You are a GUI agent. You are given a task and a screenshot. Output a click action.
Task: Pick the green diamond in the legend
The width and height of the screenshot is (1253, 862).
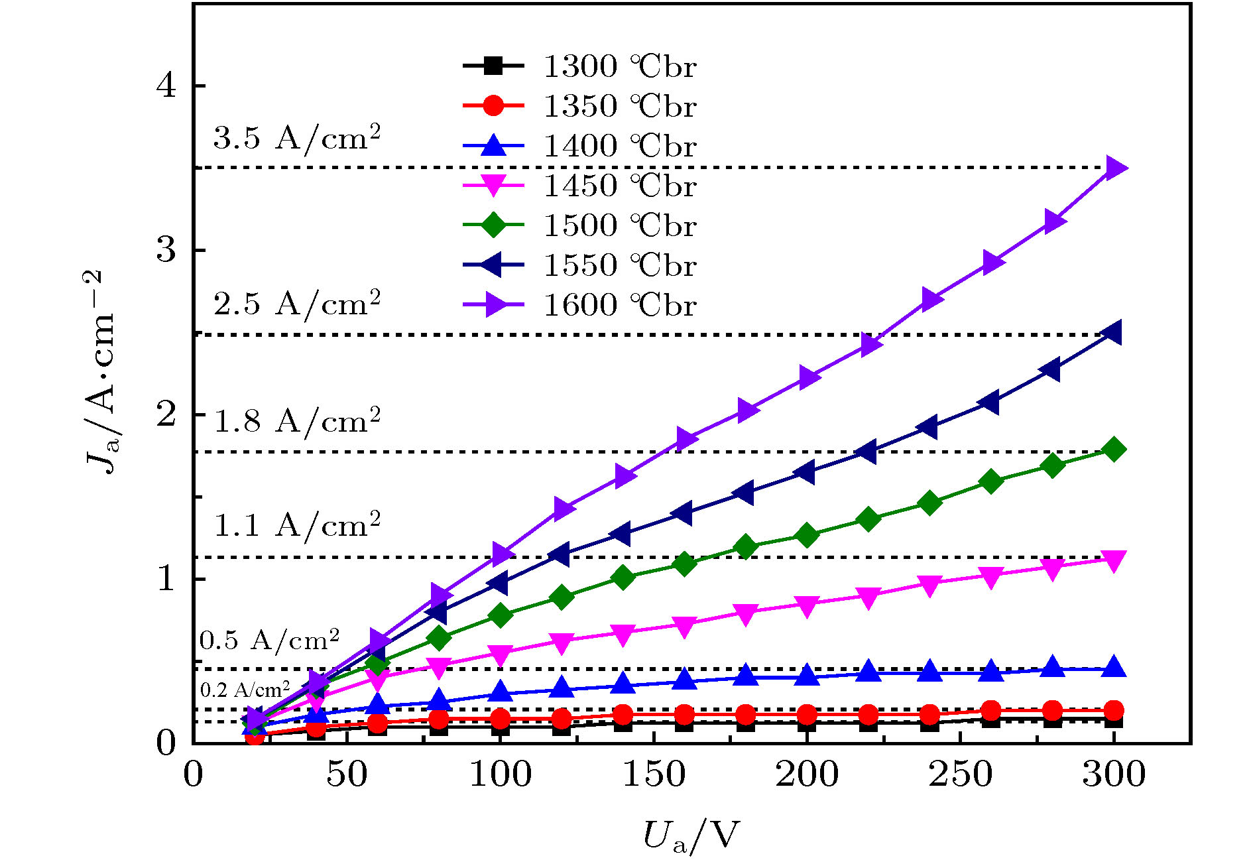(493, 225)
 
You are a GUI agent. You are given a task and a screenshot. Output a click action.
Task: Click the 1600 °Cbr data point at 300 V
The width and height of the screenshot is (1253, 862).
(1114, 168)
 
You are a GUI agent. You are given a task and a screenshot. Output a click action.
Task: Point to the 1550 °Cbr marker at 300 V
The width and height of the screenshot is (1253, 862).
(1113, 332)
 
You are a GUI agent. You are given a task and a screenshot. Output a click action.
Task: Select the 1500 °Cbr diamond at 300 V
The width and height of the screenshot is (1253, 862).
(1114, 450)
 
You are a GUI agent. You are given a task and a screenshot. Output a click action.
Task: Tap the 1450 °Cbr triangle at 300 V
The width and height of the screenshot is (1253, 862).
(1114, 560)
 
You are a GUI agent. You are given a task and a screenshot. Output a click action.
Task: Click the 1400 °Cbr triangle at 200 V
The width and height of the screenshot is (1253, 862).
(807, 675)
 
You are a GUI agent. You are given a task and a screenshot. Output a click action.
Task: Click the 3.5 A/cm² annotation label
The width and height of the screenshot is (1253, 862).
(296, 138)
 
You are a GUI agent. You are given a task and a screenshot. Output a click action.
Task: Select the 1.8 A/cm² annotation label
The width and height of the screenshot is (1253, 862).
(296, 422)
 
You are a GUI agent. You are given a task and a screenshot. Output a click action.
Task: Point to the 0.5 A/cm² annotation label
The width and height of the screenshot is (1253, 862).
(269, 641)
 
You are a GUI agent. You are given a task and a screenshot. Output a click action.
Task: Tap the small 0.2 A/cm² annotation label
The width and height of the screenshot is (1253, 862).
(245, 690)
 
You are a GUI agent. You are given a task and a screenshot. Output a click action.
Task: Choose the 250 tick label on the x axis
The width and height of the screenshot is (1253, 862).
(960, 774)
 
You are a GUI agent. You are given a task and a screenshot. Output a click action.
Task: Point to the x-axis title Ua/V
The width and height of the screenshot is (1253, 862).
(689, 835)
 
